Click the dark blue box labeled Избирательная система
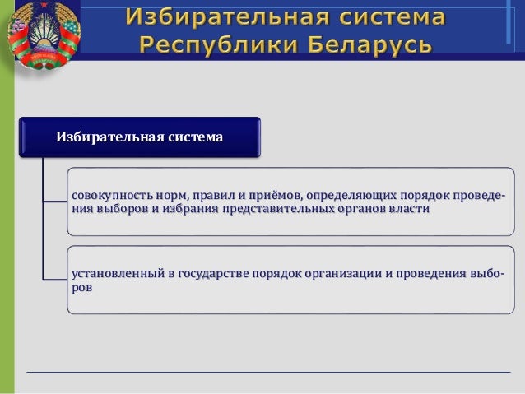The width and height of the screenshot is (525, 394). (x=139, y=137)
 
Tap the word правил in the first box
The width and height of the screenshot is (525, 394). (x=212, y=196)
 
